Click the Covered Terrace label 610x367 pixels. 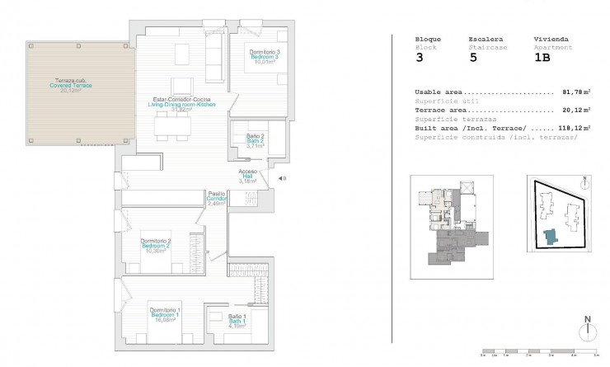tap(70, 86)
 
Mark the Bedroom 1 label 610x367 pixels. tap(166, 315)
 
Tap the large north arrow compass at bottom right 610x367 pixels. tap(586, 329)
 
